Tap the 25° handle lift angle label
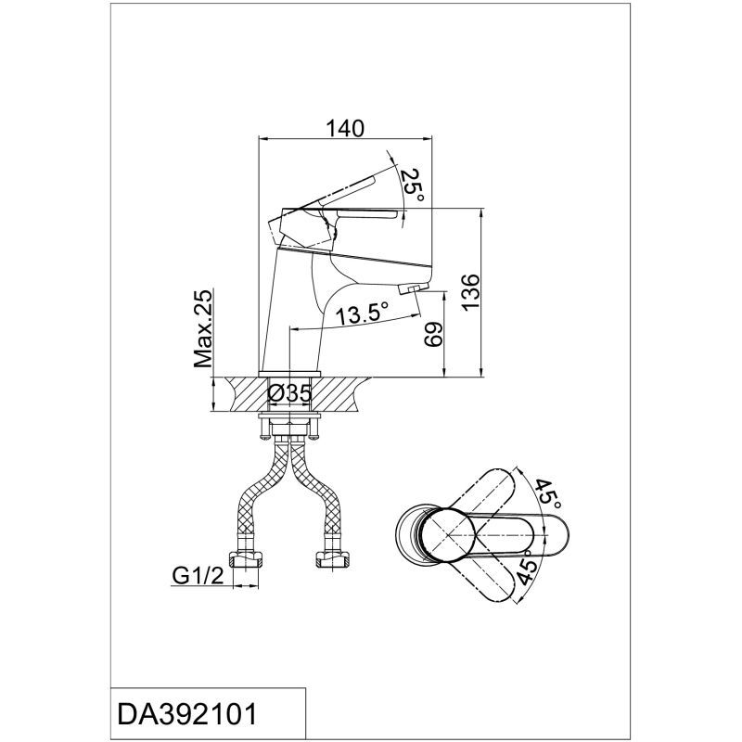(x=414, y=185)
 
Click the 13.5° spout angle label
(x=362, y=314)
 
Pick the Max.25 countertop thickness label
(x=204, y=328)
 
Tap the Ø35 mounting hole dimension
(x=289, y=394)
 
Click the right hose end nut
(x=332, y=560)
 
